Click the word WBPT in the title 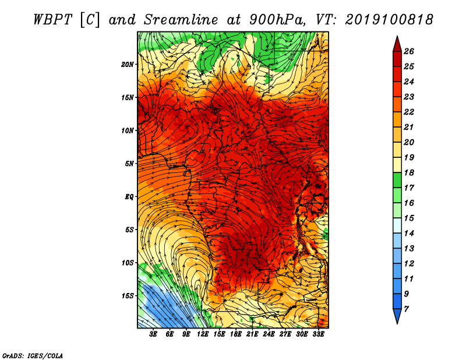pyautogui.click(x=52, y=20)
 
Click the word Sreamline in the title pyautogui.click(x=181, y=20)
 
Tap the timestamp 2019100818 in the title pyautogui.click(x=389, y=20)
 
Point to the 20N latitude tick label pyautogui.click(x=128, y=65)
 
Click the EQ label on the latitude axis pyautogui.click(x=129, y=197)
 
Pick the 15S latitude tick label pyautogui.click(x=128, y=296)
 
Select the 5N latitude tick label pyautogui.click(x=129, y=164)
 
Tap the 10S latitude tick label pyautogui.click(x=128, y=263)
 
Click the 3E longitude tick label pyautogui.click(x=153, y=334)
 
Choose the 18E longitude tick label pyautogui.click(x=236, y=334)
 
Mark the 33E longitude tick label pyautogui.click(x=318, y=334)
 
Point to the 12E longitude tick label pyautogui.click(x=203, y=334)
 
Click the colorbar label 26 pyautogui.click(x=409, y=51)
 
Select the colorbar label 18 pyautogui.click(x=409, y=172)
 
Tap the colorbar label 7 pyautogui.click(x=406, y=309)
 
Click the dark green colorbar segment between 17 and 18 pyautogui.click(x=397, y=180)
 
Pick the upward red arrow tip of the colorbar pyautogui.click(x=397, y=37)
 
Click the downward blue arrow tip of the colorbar pyautogui.click(x=397, y=323)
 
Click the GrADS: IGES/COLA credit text pyautogui.click(x=33, y=355)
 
